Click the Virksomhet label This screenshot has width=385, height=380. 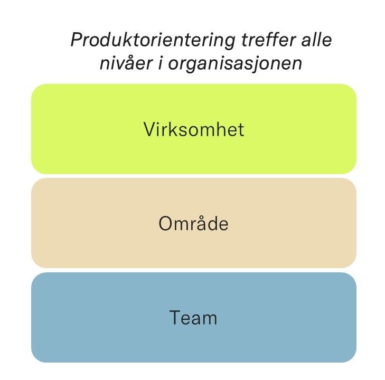pos(194,129)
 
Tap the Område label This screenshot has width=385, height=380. pos(194,224)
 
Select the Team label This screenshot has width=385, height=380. pos(194,318)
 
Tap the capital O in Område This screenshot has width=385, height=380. pos(165,224)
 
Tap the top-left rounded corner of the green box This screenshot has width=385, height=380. pos(36,89)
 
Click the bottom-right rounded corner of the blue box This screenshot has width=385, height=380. pos(351,357)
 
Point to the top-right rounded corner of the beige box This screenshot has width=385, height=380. pos(351,183)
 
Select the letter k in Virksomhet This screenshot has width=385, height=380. pos(173,129)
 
